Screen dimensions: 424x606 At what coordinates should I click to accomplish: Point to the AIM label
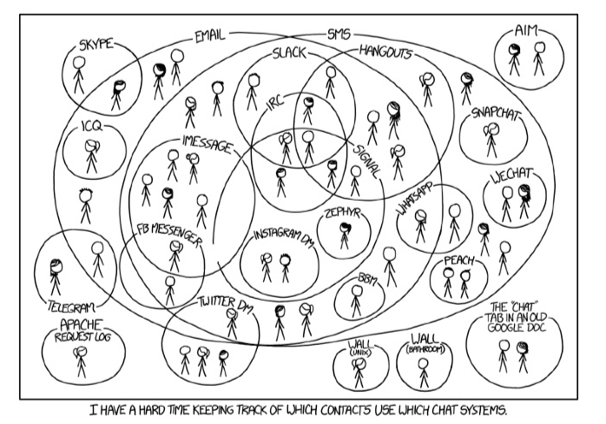[526, 30]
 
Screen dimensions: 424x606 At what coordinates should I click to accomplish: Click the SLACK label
[290, 52]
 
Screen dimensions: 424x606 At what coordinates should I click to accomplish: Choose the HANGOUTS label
[385, 52]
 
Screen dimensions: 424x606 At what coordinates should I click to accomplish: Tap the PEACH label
[458, 260]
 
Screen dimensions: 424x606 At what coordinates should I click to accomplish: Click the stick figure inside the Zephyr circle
[345, 236]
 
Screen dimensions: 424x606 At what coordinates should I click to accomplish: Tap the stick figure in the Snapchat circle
[491, 139]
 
